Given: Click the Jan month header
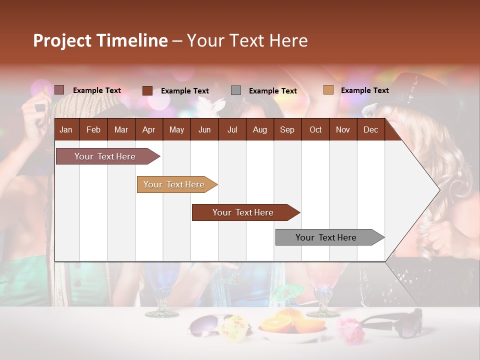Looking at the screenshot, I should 66,129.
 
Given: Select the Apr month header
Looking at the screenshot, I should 148,129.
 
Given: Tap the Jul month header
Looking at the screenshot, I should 232,129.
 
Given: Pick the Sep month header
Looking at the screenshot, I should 287,129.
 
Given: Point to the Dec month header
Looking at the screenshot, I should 370,129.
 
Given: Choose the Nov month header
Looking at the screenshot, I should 342,129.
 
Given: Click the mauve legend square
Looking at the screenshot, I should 59,90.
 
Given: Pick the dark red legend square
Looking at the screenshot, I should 147,90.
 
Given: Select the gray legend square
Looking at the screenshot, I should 236,90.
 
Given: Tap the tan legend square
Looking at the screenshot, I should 328,90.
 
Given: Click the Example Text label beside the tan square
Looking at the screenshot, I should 364,90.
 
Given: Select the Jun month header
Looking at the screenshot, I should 204,129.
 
